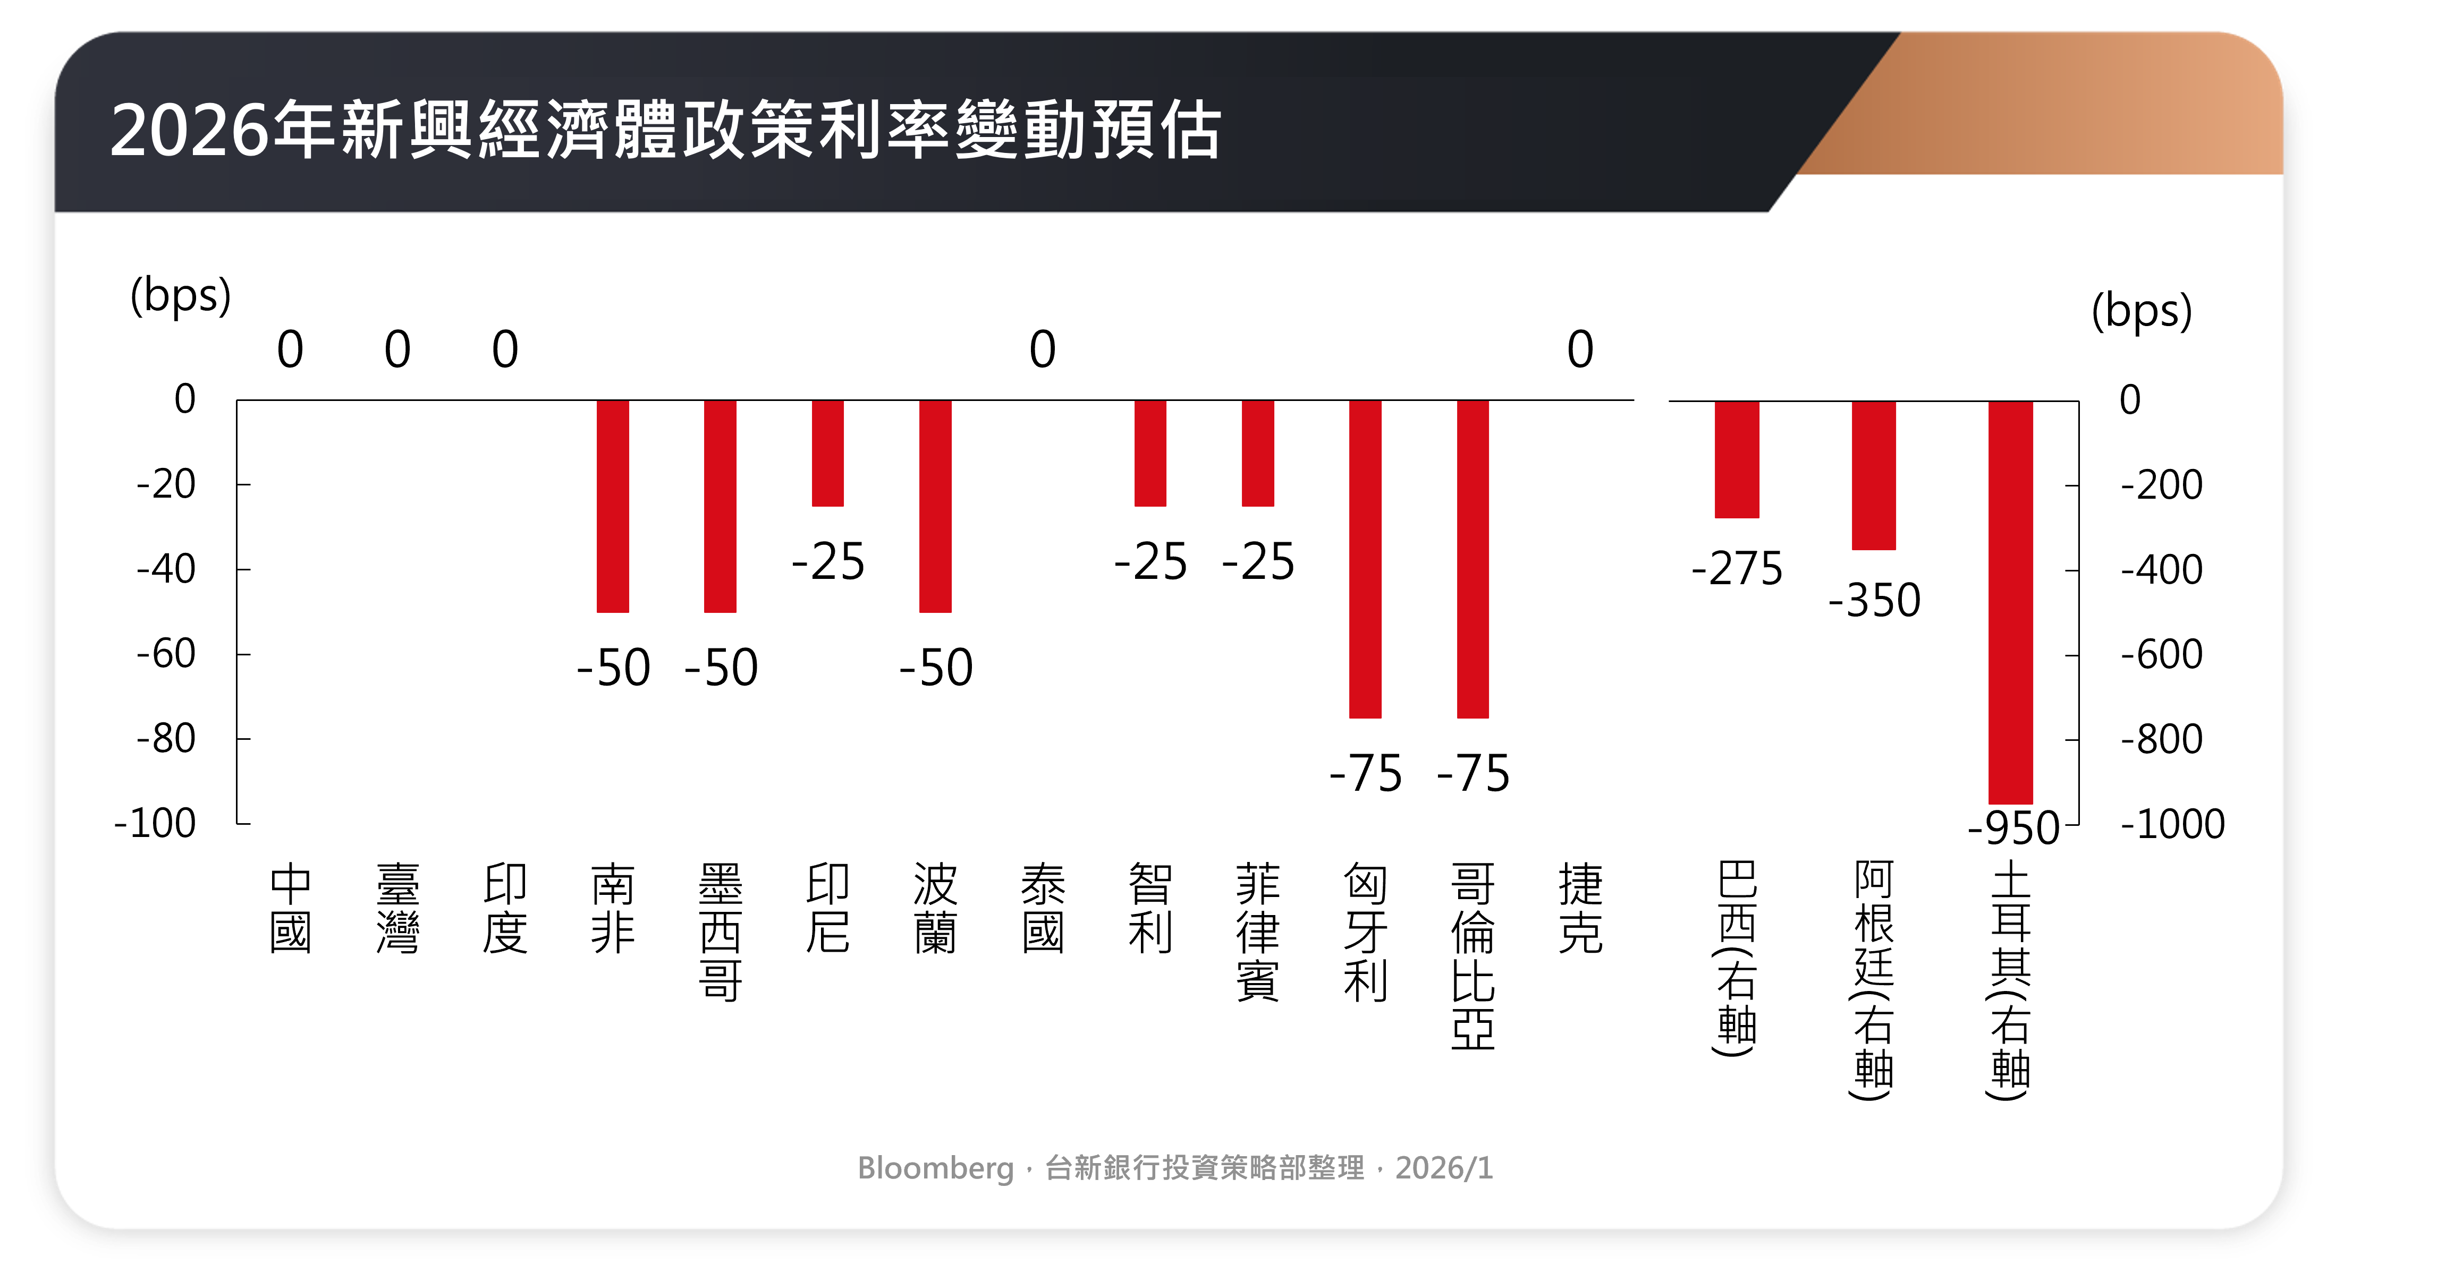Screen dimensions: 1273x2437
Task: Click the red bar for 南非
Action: pyautogui.click(x=613, y=506)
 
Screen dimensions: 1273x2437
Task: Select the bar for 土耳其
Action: pyautogui.click(x=2010, y=602)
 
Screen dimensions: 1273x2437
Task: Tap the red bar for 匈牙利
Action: pyautogui.click(x=1365, y=559)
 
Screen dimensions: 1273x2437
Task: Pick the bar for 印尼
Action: pyautogui.click(x=828, y=453)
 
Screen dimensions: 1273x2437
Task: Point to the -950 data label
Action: pyautogui.click(x=2013, y=828)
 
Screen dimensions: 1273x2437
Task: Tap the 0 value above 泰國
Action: pyautogui.click(x=1043, y=350)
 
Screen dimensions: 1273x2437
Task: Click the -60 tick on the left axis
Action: pyautogui.click(x=166, y=654)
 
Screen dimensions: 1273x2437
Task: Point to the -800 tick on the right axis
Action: pyautogui.click(x=2162, y=739)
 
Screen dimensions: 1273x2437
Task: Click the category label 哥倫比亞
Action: pyautogui.click(x=1473, y=955)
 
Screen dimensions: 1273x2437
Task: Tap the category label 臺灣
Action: pyautogui.click(x=397, y=908)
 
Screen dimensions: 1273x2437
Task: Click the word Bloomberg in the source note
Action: pyautogui.click(x=935, y=1168)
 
